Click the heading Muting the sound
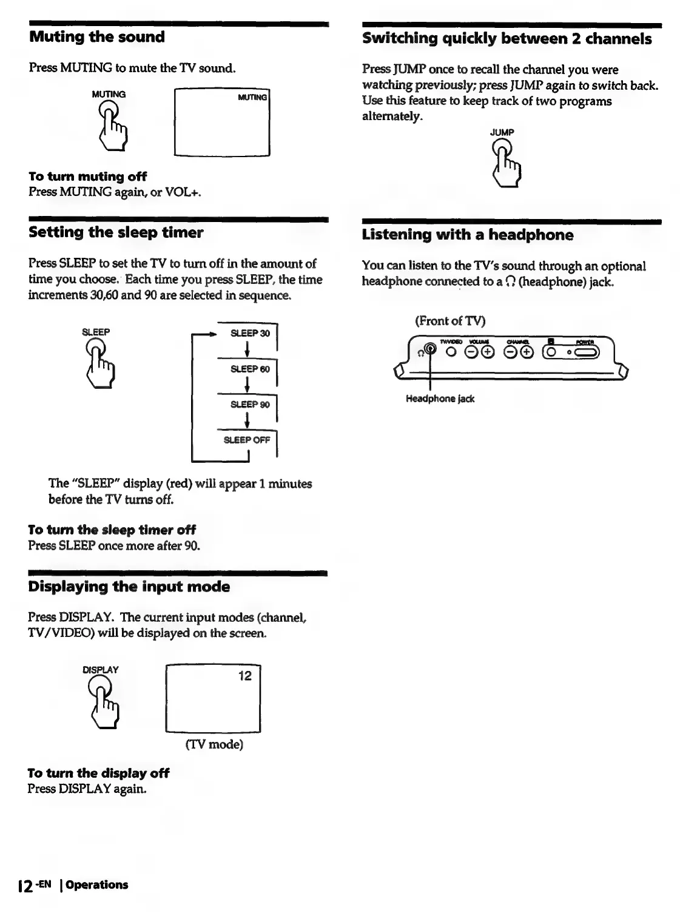(x=97, y=37)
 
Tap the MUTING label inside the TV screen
(x=252, y=97)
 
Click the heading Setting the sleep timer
(x=116, y=232)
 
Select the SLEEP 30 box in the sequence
(x=250, y=333)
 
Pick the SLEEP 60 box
(x=250, y=369)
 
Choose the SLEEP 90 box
(x=250, y=405)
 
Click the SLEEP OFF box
(x=246, y=440)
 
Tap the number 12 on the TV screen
(x=244, y=676)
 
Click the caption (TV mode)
(x=214, y=744)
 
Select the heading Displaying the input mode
(x=129, y=587)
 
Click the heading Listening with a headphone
(x=467, y=235)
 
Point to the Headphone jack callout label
(x=440, y=399)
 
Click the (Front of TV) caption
(x=450, y=320)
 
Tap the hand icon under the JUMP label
(x=507, y=162)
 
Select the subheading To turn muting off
(x=87, y=177)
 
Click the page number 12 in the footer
(x=25, y=886)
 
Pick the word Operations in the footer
(x=97, y=885)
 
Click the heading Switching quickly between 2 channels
(x=507, y=39)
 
